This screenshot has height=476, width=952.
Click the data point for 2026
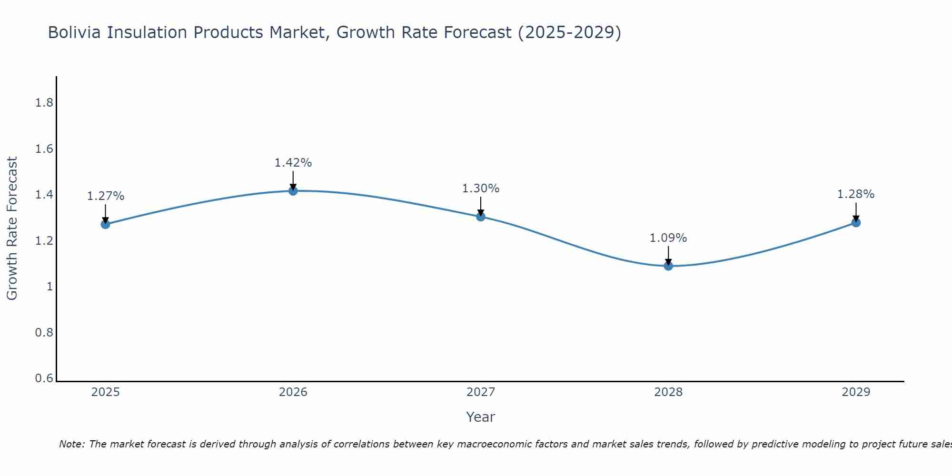point(293,191)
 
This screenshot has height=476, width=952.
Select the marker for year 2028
point(668,266)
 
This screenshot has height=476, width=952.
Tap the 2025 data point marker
point(106,224)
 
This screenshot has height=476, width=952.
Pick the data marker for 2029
point(856,222)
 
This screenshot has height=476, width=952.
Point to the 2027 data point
point(481,217)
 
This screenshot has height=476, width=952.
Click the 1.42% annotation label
point(293,163)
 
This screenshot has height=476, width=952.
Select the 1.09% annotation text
point(668,238)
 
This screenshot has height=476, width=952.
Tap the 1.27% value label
point(106,196)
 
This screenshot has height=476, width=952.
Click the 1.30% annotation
point(481,188)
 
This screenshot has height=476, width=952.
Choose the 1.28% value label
point(856,194)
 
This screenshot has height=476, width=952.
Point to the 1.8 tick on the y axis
point(44,103)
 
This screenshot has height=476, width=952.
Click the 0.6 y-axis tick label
point(44,378)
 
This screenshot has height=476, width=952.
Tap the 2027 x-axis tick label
point(481,392)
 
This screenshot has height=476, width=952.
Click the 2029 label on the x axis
point(856,392)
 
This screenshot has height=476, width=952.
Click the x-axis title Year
point(481,417)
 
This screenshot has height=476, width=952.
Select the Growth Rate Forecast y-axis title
point(12,228)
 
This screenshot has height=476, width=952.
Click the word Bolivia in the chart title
point(74,32)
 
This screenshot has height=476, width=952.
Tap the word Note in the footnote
point(71,444)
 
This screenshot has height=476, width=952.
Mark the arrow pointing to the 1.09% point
point(668,256)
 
